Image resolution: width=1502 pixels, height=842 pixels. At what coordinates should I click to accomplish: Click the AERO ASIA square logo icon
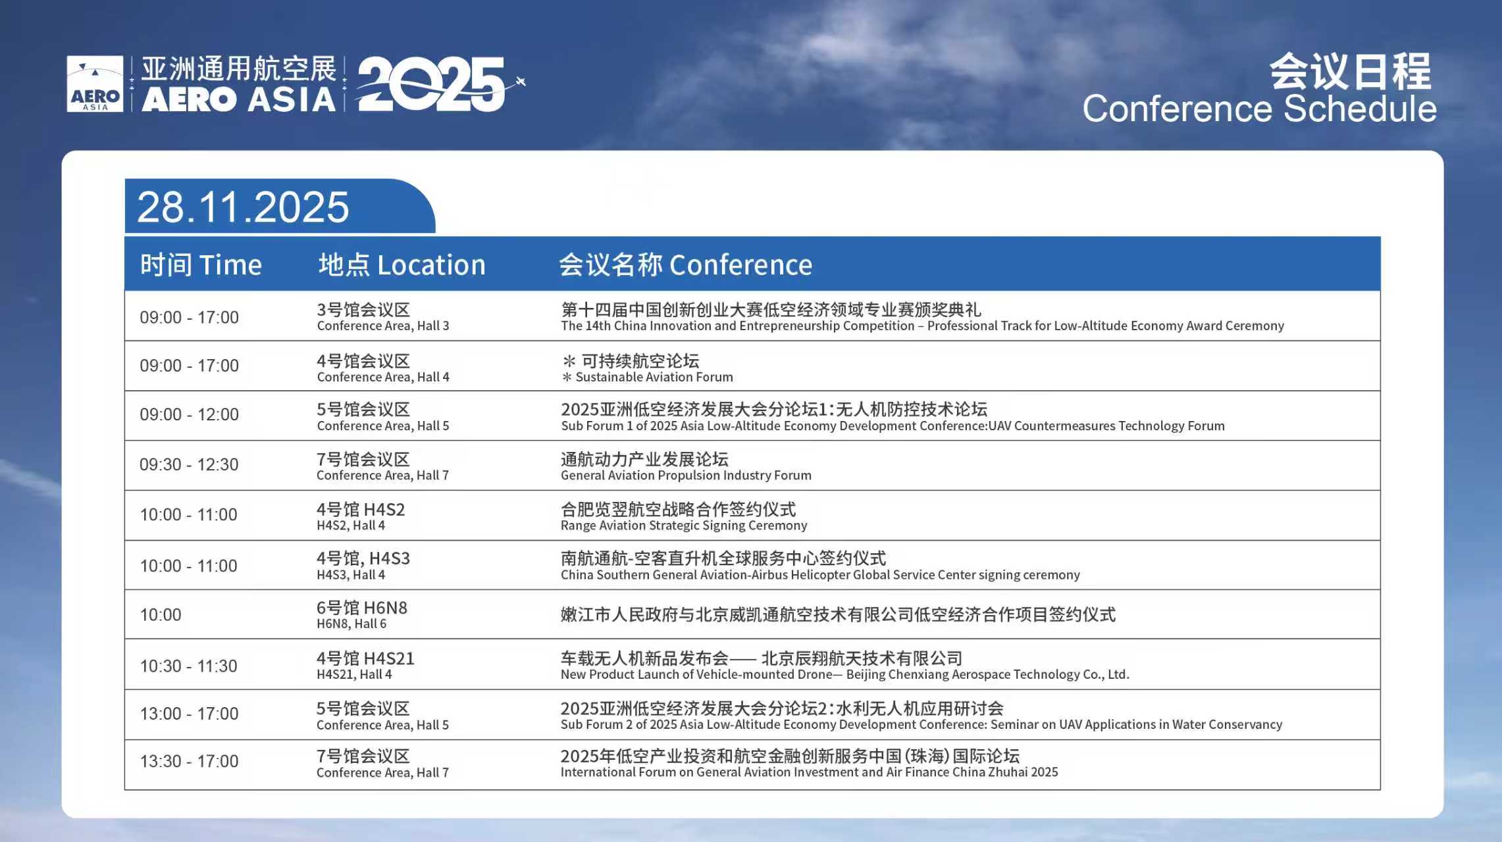pyautogui.click(x=95, y=84)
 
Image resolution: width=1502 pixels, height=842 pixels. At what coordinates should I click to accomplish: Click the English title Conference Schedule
pyautogui.click(x=1259, y=109)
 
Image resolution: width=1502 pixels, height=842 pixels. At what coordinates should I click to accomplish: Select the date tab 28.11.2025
pyautogui.click(x=243, y=207)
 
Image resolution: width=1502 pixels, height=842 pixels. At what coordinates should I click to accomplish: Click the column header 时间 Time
pyautogui.click(x=201, y=264)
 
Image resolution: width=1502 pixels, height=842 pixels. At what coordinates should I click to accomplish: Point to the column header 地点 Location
pyautogui.click(x=401, y=264)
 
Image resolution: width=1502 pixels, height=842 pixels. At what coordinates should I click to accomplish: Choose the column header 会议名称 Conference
pyautogui.click(x=685, y=264)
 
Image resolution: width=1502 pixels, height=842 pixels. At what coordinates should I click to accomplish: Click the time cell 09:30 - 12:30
pyautogui.click(x=189, y=464)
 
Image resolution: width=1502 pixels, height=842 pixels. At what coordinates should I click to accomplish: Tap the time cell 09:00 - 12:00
pyautogui.click(x=189, y=414)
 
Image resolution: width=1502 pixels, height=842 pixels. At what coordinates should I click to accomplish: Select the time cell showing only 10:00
pyautogui.click(x=161, y=615)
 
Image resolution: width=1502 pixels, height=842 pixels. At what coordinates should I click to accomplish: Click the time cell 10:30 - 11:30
pyautogui.click(x=188, y=666)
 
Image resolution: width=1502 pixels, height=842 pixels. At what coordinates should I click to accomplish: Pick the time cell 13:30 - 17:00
pyautogui.click(x=189, y=761)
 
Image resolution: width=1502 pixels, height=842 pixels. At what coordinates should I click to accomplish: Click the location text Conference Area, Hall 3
pyautogui.click(x=383, y=326)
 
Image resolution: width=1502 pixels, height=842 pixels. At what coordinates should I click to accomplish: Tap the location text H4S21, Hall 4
pyautogui.click(x=354, y=674)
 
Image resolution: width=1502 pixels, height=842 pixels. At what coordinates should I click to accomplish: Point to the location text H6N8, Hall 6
pyautogui.click(x=351, y=624)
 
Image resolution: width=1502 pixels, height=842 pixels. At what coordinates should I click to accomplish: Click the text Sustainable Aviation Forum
pyautogui.click(x=654, y=377)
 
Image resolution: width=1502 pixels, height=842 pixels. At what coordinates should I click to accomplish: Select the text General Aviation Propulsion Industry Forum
pyautogui.click(x=686, y=475)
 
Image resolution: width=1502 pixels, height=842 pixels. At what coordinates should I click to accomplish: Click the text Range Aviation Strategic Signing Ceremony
pyautogui.click(x=684, y=525)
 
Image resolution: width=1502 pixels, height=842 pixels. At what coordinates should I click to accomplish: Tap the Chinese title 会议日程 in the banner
pyautogui.click(x=1351, y=71)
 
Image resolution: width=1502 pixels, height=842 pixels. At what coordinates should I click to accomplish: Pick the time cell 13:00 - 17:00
pyautogui.click(x=189, y=714)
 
